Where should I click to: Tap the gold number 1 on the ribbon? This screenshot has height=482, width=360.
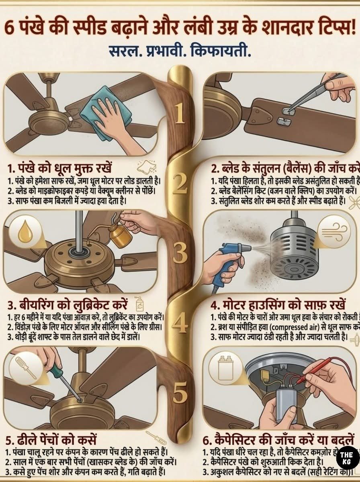click(180, 114)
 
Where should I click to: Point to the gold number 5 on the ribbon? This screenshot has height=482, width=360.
click(180, 392)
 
